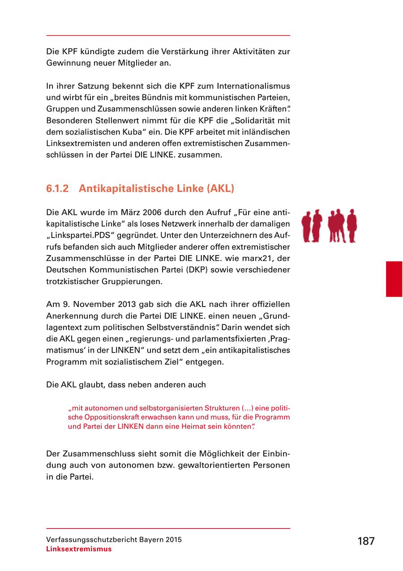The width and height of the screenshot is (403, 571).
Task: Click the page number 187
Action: click(x=365, y=541)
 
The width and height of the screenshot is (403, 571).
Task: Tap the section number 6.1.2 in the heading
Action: click(x=57, y=188)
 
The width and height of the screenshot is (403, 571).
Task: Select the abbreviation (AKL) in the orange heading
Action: click(x=220, y=188)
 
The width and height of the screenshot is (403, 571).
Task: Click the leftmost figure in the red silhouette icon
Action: click(x=306, y=226)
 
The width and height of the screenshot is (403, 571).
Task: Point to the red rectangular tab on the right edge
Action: click(x=394, y=279)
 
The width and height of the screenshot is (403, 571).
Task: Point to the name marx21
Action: click(x=262, y=259)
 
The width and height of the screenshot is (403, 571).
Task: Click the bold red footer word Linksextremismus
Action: click(x=79, y=549)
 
